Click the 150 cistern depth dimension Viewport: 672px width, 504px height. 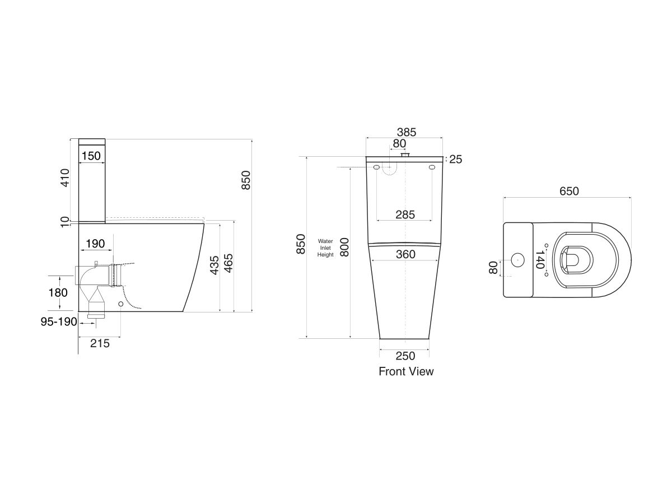tap(91, 156)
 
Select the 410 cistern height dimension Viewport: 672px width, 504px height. tap(65, 178)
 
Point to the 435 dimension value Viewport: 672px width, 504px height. tap(214, 265)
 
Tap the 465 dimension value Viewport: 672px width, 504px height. tap(228, 263)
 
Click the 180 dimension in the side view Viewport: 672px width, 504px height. tap(58, 293)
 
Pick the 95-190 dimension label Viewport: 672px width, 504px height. tap(59, 321)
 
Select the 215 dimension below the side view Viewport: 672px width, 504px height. tap(100, 343)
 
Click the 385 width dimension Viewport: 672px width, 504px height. tap(407, 132)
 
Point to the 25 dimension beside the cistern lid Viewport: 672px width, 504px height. tap(455, 160)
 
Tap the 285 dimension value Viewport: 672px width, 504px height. tap(405, 215)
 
